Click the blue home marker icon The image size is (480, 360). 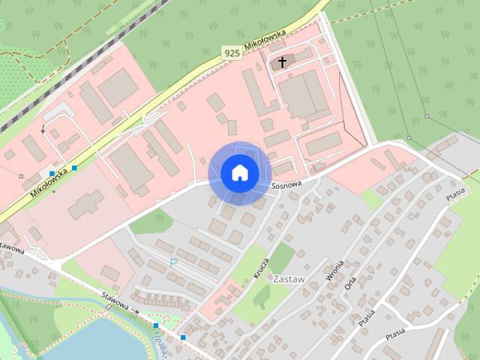click(238, 172)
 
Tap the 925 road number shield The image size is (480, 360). click(232, 52)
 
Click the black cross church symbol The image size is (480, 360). click(283, 62)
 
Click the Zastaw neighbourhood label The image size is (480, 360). click(289, 278)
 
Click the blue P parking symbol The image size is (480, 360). click(174, 262)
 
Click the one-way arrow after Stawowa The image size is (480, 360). click(135, 310)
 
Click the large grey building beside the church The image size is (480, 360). click(304, 96)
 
